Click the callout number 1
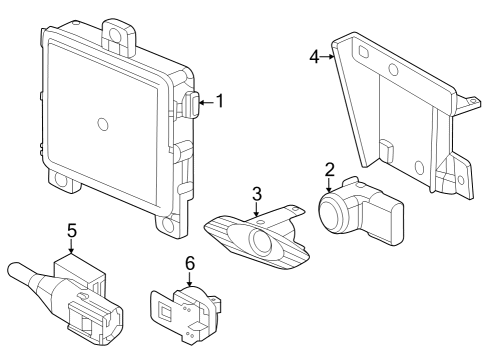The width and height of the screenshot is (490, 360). [x=220, y=101]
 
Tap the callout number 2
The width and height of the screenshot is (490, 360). [x=329, y=170]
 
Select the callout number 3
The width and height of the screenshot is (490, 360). [x=257, y=194]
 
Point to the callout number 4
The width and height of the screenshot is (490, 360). [x=314, y=57]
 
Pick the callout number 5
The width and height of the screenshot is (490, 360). [x=72, y=231]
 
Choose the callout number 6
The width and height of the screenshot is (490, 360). [x=189, y=264]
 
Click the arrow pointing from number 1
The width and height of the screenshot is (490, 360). [x=206, y=103]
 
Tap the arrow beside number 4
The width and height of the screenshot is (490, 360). [x=327, y=57]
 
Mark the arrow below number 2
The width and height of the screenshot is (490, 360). [x=329, y=185]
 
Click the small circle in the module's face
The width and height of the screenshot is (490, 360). [x=103, y=124]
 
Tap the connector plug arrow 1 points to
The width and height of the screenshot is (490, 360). [x=191, y=105]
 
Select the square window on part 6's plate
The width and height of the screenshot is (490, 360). [x=165, y=310]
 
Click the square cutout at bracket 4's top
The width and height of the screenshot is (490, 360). [x=363, y=52]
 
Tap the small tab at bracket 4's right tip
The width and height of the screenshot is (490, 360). [x=473, y=101]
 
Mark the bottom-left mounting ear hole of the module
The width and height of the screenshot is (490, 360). [x=61, y=180]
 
